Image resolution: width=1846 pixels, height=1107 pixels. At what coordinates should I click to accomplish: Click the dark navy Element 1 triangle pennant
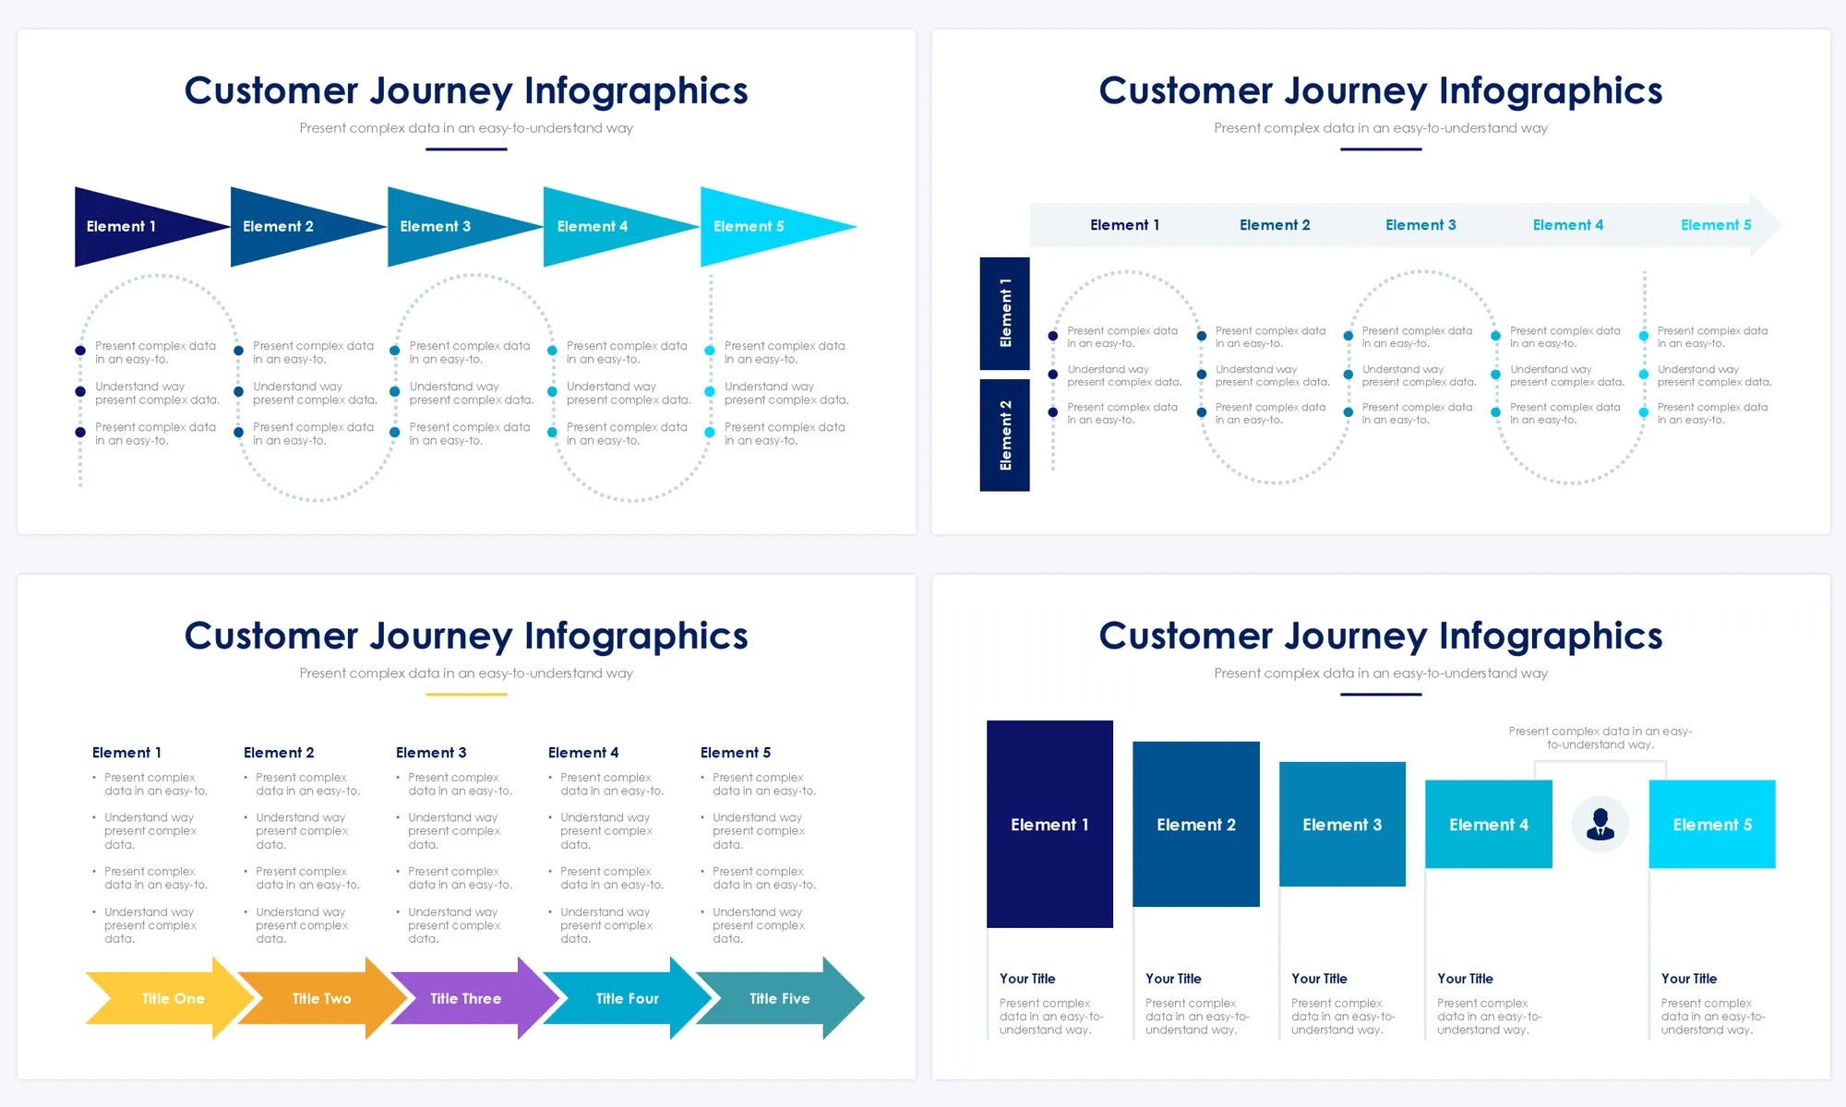129,226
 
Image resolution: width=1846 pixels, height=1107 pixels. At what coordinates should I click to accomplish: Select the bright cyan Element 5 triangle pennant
757,226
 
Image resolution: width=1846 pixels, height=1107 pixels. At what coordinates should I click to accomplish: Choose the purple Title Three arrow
466,998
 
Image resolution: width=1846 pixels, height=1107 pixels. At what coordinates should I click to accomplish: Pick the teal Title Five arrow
780,998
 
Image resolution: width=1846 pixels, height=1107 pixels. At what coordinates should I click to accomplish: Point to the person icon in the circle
1600,824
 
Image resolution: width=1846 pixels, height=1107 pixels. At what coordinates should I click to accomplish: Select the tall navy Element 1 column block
1049,824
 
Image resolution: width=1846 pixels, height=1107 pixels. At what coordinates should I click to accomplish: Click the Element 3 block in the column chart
1342,824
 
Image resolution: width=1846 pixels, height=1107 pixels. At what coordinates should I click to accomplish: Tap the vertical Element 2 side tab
1005,435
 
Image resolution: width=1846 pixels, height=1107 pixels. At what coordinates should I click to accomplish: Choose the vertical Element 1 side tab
1005,313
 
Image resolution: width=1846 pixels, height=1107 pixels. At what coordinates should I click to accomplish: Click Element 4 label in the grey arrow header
1567,225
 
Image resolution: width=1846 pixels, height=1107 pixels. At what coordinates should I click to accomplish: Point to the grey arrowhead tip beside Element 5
1768,225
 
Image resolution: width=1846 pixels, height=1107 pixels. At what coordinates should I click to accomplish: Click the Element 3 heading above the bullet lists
431,753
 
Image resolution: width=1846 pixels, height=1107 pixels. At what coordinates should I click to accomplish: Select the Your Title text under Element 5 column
1689,979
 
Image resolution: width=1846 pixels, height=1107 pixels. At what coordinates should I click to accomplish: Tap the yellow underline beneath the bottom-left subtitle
466,695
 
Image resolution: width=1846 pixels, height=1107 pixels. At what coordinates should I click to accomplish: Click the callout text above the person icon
1600,738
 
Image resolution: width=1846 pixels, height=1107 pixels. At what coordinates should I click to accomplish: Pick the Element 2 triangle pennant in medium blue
286,226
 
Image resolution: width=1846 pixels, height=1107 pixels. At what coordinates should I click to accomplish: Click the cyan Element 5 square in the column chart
1712,824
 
